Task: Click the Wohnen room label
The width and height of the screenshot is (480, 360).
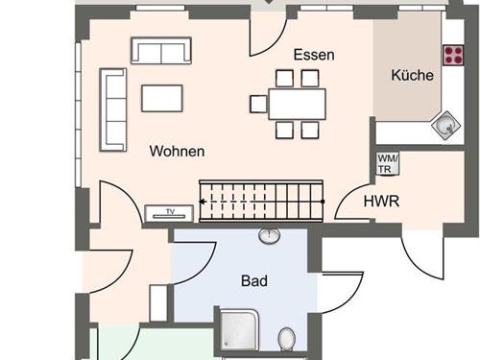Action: pos(177,151)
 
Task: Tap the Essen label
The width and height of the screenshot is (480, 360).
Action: pos(314,55)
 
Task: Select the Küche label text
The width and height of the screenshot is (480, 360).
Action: pos(412,75)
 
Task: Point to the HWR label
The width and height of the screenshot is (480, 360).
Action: pos(381,202)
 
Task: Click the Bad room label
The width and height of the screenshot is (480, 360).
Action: pos(254,281)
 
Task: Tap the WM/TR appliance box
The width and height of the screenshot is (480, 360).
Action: pos(388,164)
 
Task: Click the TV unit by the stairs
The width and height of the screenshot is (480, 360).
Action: pos(169,213)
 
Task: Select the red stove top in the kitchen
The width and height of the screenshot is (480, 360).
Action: pos(453,56)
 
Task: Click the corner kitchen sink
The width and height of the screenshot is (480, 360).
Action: pos(445,125)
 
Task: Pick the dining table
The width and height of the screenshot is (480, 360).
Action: pos(298,105)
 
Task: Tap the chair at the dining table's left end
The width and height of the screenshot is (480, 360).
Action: pos(258,104)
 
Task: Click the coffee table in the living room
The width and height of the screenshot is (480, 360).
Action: pos(162,98)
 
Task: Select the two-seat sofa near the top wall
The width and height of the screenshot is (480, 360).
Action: pos(161,51)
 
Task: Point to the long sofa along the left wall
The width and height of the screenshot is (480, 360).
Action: pos(113,109)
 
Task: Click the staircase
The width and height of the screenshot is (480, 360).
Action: pos(261,202)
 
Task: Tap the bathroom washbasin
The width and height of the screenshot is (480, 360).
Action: pos(270,236)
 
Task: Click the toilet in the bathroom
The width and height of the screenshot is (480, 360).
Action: pos(287,338)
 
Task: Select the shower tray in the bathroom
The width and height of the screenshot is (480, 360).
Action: pos(238,328)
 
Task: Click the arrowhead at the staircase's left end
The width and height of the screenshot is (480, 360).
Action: pos(202,202)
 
